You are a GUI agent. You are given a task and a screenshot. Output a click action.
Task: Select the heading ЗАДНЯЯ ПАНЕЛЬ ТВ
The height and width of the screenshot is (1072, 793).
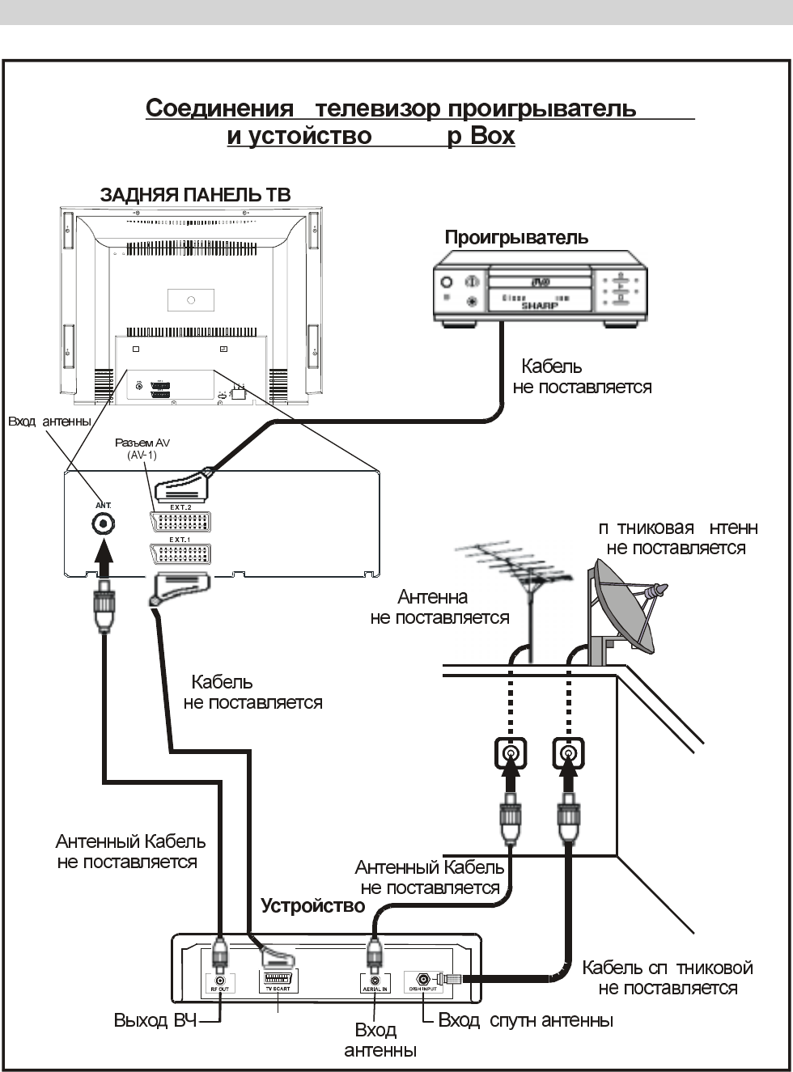pos(195,195)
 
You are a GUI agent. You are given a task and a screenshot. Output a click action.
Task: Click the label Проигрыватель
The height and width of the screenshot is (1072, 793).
pos(516,238)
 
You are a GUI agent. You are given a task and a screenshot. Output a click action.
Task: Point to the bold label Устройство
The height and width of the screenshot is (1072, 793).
pos(313,906)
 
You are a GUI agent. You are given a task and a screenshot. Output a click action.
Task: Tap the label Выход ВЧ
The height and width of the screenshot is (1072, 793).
pos(151,1021)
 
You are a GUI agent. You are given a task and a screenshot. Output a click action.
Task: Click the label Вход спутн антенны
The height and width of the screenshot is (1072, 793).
pos(525,1021)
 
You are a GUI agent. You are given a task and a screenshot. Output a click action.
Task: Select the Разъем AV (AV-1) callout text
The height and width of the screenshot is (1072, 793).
pos(142,449)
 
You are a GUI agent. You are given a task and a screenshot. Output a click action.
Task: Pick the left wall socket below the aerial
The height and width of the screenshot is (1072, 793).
pos(511,754)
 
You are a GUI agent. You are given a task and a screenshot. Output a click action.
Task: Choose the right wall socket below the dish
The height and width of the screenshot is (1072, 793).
pos(569,754)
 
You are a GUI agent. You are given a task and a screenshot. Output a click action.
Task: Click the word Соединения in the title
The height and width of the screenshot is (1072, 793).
pos(219,108)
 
